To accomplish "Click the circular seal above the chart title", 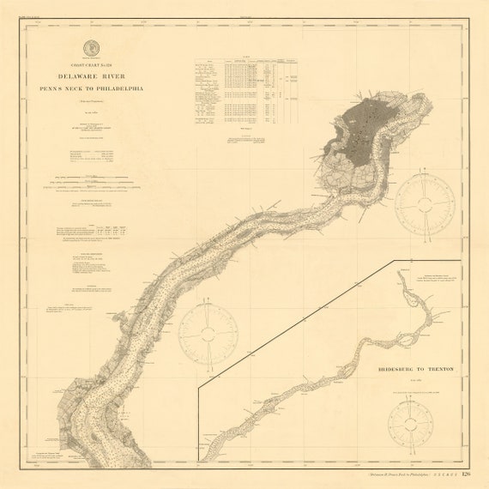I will tap(90, 48).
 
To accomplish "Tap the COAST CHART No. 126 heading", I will tap(90, 65).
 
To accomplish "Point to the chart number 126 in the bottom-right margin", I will tap(466, 474).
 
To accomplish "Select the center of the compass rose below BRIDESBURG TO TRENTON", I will tap(414, 423).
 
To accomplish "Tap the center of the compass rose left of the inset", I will tap(208, 333).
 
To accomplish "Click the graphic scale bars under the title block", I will tap(92, 184).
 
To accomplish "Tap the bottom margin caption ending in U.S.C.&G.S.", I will tap(412, 474).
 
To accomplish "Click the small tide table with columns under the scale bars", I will tap(93, 229).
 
